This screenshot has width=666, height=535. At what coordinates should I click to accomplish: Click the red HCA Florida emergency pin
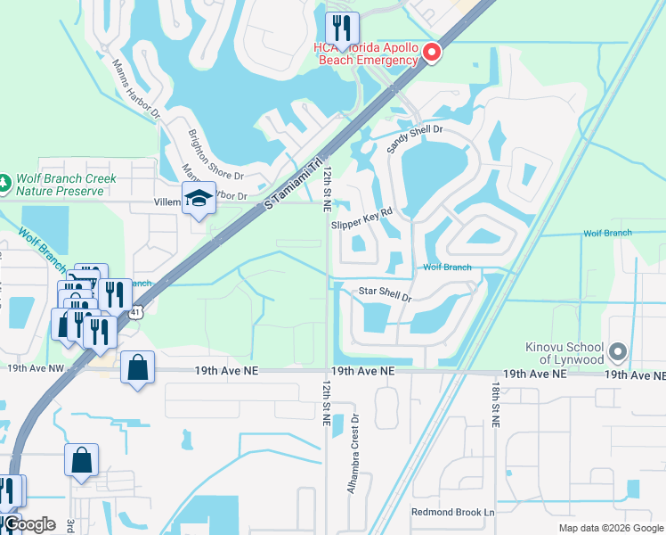pos(432,53)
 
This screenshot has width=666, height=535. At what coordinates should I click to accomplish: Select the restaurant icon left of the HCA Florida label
pos(341,28)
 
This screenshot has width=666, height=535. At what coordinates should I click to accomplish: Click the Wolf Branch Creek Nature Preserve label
pos(65,185)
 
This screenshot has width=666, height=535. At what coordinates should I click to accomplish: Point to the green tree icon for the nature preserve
pos(4,184)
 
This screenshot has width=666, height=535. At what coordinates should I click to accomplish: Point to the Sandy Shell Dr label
pos(415,138)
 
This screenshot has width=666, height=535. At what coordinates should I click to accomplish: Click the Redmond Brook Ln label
pos(452,512)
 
